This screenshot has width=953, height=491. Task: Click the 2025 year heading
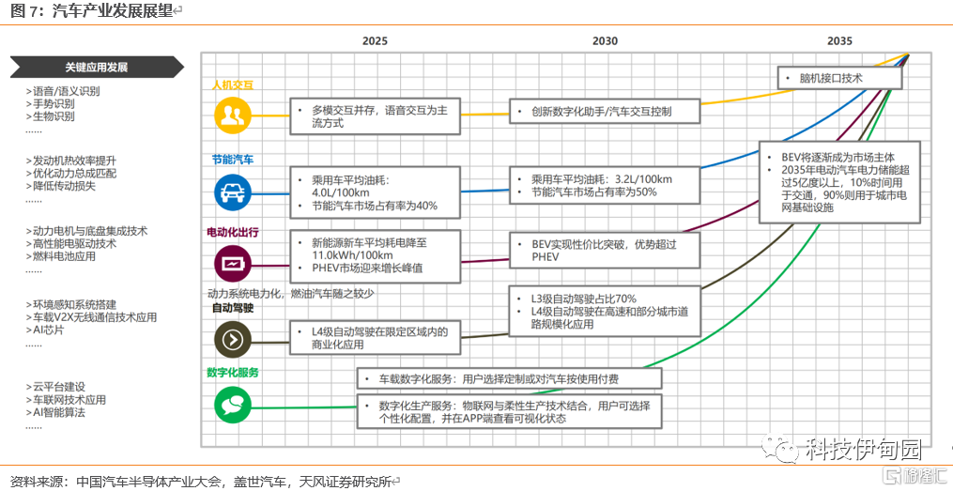375,41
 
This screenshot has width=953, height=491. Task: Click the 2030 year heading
605,41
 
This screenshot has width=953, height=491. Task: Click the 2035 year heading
839,41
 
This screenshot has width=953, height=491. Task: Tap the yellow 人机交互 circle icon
231,115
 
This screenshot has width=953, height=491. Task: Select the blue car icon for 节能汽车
231,192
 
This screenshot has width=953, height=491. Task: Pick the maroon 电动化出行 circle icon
231,261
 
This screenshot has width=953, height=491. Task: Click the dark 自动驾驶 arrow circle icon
231,338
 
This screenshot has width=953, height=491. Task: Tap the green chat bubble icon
231,405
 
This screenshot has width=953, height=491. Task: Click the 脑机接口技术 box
839,78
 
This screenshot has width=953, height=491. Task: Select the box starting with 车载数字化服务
509,379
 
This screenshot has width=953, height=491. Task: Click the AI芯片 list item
48,330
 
